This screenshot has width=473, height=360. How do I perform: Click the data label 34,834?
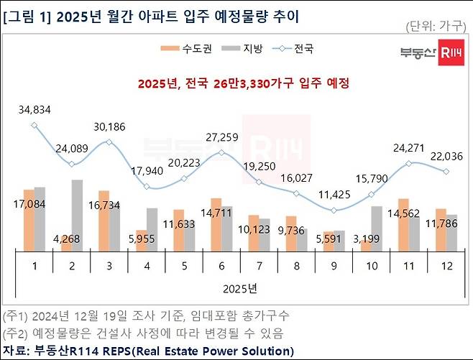[34, 109]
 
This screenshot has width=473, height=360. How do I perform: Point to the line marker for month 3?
[109, 142]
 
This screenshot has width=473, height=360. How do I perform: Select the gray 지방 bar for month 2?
[78, 215]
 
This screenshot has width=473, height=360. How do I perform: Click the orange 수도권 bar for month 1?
[28, 220]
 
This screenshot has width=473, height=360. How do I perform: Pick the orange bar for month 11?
[403, 224]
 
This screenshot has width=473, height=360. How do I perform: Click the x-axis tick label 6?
[221, 264]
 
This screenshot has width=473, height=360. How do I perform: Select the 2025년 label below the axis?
[241, 288]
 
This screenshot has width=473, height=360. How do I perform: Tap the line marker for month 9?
[334, 210]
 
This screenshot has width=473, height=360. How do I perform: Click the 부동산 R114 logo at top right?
[431, 52]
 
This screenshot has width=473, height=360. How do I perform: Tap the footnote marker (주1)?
[16, 316]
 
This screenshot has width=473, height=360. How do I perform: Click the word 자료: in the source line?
[17, 351]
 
